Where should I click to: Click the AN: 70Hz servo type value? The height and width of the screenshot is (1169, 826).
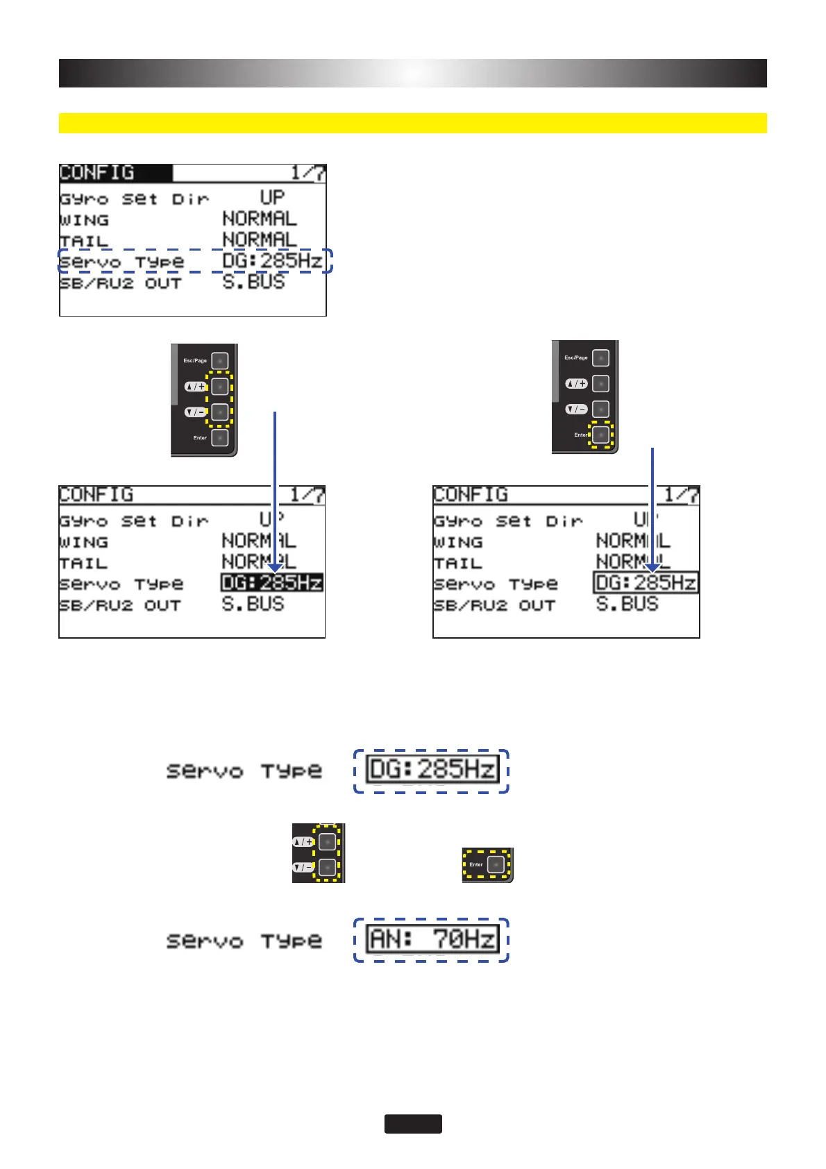(432, 940)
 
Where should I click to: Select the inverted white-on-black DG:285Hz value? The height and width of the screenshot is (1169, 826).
(272, 582)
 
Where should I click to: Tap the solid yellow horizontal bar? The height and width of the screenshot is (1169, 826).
(412, 123)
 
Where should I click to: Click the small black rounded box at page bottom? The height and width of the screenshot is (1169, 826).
(413, 1124)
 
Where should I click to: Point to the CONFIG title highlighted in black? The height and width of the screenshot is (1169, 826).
(97, 172)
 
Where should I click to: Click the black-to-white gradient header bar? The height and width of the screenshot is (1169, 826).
(412, 73)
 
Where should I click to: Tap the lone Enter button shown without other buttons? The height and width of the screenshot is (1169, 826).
(495, 864)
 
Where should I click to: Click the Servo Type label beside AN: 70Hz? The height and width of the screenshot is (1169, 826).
(244, 941)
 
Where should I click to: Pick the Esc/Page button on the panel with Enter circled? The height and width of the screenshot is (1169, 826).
(601, 358)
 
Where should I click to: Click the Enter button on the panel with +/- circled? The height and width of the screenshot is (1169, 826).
(220, 438)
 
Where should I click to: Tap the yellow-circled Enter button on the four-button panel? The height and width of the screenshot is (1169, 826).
(601, 435)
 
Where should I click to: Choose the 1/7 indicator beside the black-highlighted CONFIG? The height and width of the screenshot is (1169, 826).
(308, 173)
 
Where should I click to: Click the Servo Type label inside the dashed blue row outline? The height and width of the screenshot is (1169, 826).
(121, 262)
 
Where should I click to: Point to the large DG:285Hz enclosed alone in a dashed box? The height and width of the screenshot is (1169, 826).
(432, 770)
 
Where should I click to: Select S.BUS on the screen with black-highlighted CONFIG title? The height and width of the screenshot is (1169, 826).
(253, 282)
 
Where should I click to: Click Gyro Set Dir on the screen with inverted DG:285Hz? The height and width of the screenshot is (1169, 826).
(133, 521)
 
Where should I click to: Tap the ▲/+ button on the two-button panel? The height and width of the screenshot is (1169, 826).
(328, 841)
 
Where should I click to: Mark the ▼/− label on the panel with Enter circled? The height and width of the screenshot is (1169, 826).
(576, 409)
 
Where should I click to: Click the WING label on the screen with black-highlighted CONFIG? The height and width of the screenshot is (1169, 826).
(84, 220)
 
